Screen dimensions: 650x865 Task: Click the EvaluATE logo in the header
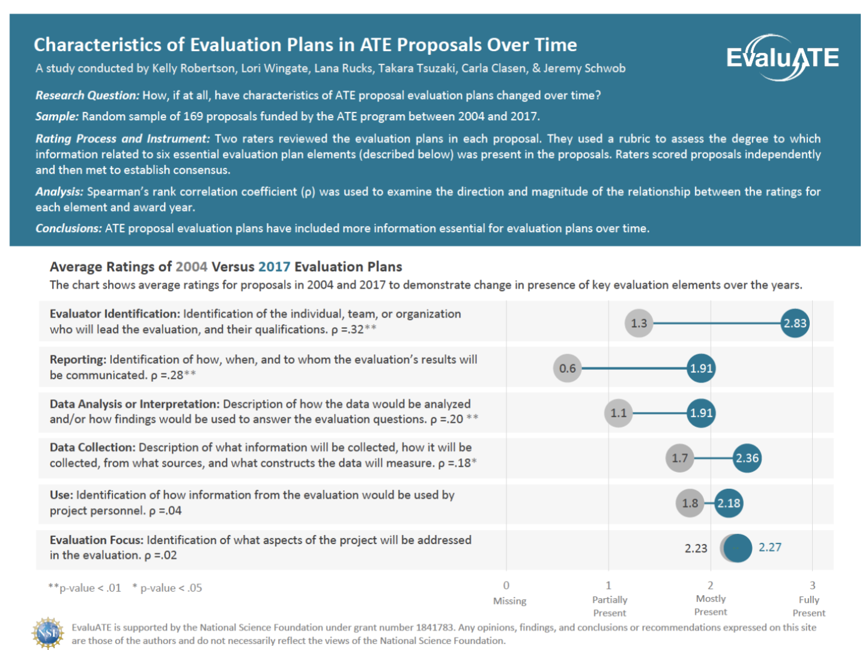click(x=782, y=58)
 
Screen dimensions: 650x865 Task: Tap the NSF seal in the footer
click(x=48, y=633)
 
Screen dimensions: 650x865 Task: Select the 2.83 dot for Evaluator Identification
click(x=795, y=323)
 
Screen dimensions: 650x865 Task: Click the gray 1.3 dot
click(x=639, y=323)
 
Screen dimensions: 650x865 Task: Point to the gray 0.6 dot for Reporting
click(x=567, y=368)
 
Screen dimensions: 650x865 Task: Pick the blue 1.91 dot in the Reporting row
click(x=701, y=368)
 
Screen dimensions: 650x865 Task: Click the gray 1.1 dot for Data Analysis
click(x=618, y=413)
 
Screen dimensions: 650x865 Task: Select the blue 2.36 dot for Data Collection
click(x=747, y=458)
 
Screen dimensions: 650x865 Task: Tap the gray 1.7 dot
click(x=679, y=458)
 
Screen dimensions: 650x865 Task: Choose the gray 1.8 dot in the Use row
click(x=690, y=503)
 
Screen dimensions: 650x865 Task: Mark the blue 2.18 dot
click(x=729, y=503)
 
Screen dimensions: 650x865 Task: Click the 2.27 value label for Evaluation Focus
click(x=769, y=547)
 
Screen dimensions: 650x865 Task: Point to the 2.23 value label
click(x=696, y=548)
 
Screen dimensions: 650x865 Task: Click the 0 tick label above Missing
click(x=506, y=585)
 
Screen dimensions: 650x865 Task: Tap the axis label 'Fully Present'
click(x=809, y=606)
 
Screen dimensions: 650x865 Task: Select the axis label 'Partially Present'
click(x=609, y=606)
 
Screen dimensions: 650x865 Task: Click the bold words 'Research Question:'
click(x=87, y=95)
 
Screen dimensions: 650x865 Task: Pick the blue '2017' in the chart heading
click(x=274, y=266)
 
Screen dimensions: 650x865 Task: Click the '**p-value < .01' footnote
click(x=85, y=588)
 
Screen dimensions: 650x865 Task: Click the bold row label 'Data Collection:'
click(x=93, y=447)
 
